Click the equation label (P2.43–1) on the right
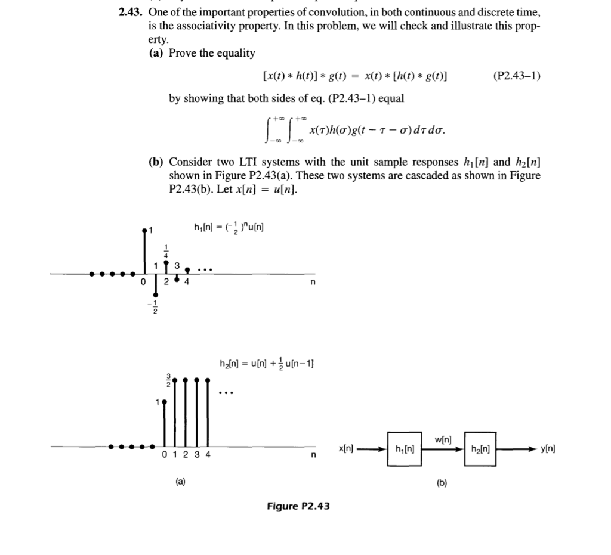pos(517,76)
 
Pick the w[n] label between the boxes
pos(443,440)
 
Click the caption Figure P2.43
pos(298,506)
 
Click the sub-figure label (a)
pos(180,482)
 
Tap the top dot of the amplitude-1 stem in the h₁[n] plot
pos(144,230)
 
